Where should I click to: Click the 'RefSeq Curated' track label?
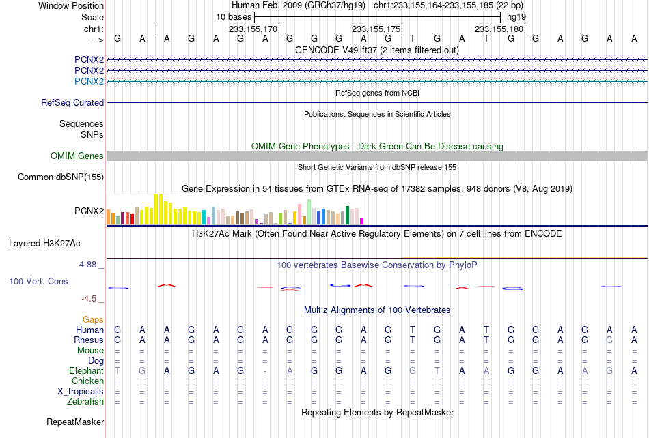coord(72,103)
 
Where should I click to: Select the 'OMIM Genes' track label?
coord(77,156)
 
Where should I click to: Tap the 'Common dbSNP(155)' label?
coord(61,177)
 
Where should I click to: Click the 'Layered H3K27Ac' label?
coord(44,244)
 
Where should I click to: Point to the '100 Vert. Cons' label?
coord(38,281)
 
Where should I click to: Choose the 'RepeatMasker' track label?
coord(75,422)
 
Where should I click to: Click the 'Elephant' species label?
coord(87,371)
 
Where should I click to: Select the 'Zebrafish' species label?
coord(85,401)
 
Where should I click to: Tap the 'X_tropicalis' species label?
coord(81,392)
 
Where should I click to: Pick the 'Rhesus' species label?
coord(89,340)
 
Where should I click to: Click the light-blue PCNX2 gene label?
coord(89,81)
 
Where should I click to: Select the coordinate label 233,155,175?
coord(376,29)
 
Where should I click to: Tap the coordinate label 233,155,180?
coord(499,29)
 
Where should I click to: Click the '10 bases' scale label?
coord(234,17)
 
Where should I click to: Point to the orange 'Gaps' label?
coord(93,320)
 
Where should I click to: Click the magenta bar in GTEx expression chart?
coord(362,222)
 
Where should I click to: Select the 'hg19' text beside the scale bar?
coord(516,17)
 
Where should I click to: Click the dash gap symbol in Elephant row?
coord(265,371)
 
